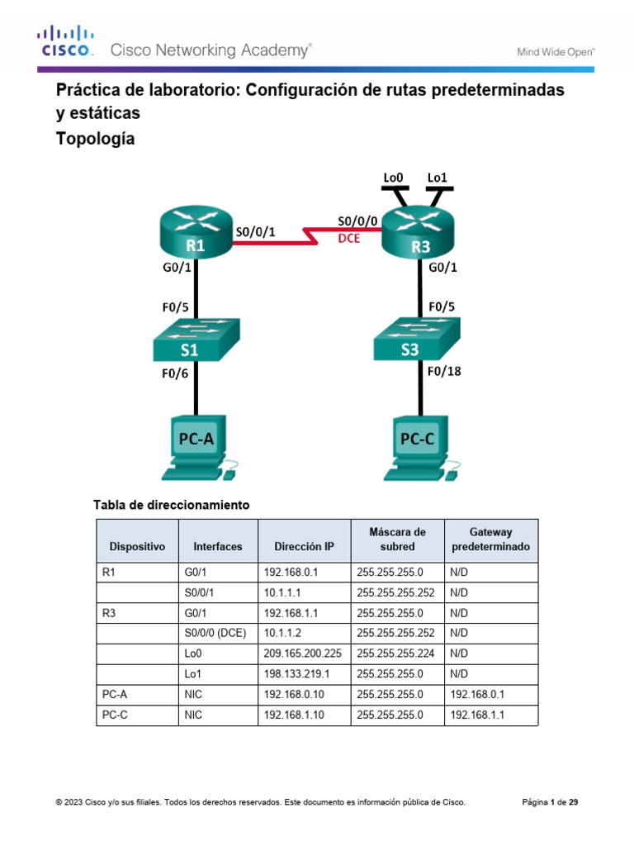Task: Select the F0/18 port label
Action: pos(444,372)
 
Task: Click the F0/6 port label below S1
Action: pos(174,373)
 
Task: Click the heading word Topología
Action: pos(95,140)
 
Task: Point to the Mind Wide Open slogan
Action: pos(556,51)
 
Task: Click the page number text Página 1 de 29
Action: pos(551,801)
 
